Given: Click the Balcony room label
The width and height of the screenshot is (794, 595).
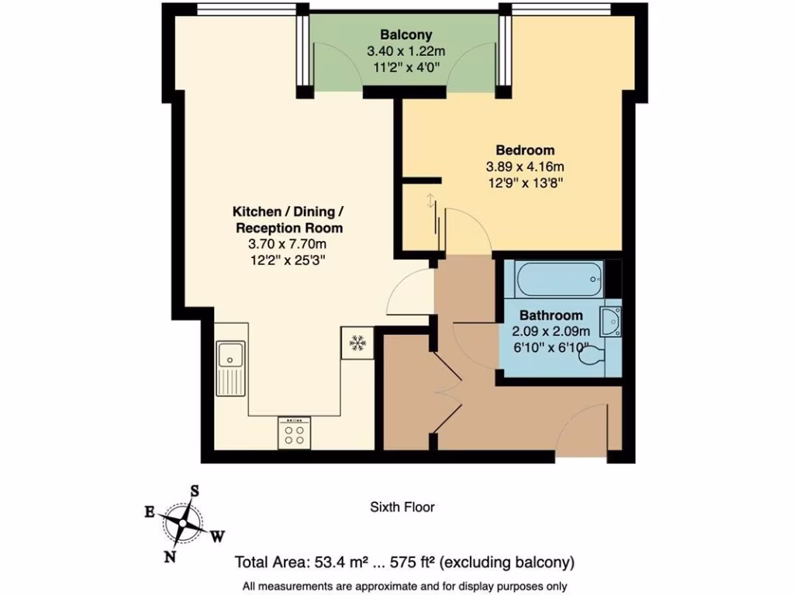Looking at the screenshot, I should tap(406, 35).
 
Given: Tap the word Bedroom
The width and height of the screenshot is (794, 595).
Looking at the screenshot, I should tap(525, 150).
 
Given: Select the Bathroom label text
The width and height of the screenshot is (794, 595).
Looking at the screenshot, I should tap(551, 315).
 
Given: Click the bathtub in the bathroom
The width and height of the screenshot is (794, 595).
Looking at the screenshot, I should tap(558, 278).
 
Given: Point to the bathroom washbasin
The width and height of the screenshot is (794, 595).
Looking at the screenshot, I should tap(611, 321).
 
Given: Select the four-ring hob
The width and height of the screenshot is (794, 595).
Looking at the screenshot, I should tap(295, 433).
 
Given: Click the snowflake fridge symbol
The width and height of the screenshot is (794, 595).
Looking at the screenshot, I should tap(357, 342).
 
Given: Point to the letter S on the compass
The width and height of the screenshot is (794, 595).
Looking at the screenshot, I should tap(195, 490).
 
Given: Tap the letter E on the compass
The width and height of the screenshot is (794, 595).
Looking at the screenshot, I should tap(148, 511).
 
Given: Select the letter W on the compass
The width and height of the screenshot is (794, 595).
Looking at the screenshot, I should tap(219, 535).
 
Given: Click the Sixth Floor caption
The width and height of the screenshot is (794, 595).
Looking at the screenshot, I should tap(402, 507).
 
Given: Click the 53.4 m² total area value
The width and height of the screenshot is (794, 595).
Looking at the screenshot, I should tap(340, 562).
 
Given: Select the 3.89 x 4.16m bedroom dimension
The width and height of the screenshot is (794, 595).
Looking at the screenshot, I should tap(525, 167).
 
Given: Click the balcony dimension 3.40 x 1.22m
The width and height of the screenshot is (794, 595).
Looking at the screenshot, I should tap(406, 51).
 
